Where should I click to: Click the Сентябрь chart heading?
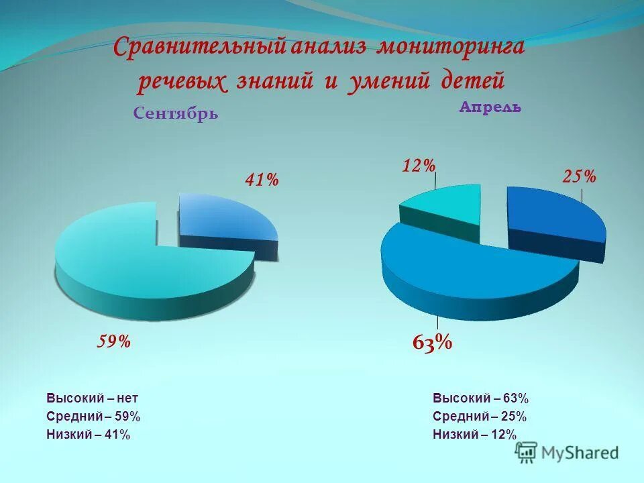tap(176, 113)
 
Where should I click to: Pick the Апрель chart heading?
tap(490, 107)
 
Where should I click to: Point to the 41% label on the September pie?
tap(261, 180)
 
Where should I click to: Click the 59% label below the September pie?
tap(114, 342)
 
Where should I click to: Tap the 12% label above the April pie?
tap(419, 165)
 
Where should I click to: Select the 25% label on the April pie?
tap(579, 176)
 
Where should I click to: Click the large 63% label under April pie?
tap(432, 343)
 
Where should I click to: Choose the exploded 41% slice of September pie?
tap(225, 218)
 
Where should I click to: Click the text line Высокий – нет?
tap(93, 398)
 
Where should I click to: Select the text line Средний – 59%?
tap(93, 417)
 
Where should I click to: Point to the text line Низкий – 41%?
tap(89, 435)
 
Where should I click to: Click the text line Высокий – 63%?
tap(481, 398)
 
